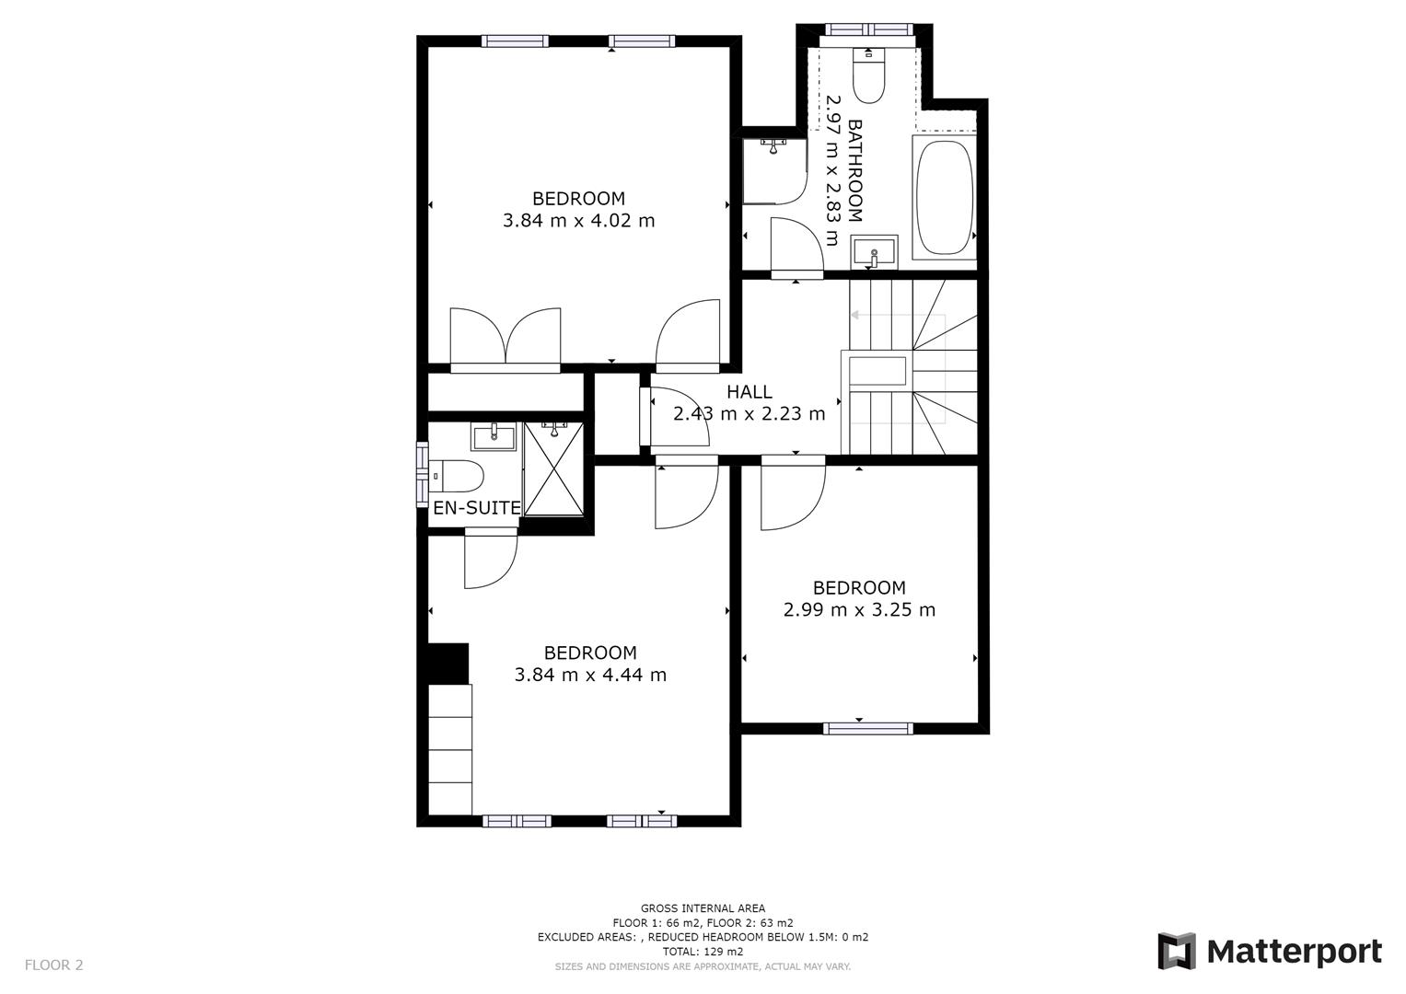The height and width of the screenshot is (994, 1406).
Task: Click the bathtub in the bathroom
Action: pyautogui.click(x=943, y=197)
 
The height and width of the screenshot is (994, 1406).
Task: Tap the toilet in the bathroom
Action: pyautogui.click(x=868, y=75)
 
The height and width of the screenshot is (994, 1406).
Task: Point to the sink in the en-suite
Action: pyautogui.click(x=494, y=435)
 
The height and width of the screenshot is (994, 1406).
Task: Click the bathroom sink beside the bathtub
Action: pyautogui.click(x=874, y=251)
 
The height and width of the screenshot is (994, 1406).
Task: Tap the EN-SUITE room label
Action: pyautogui.click(x=477, y=507)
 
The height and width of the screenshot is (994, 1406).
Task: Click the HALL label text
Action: pyautogui.click(x=749, y=392)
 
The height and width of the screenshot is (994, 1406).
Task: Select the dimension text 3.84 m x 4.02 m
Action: pyautogui.click(x=578, y=221)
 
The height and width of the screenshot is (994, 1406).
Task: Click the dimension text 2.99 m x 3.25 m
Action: pyautogui.click(x=859, y=610)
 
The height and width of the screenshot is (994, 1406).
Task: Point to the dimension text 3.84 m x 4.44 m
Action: pyautogui.click(x=590, y=675)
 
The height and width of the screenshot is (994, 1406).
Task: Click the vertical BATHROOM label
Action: pyautogui.click(x=854, y=171)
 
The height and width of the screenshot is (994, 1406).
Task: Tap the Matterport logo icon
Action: pyautogui.click(x=1176, y=951)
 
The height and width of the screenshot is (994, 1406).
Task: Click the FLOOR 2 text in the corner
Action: pyautogui.click(x=53, y=965)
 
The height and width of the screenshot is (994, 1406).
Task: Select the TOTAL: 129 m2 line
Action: pyautogui.click(x=703, y=952)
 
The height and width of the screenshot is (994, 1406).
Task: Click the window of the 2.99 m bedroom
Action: pyautogui.click(x=867, y=728)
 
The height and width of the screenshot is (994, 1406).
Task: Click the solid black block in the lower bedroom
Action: pyautogui.click(x=448, y=663)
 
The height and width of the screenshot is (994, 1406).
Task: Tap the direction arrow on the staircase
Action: pyautogui.click(x=854, y=315)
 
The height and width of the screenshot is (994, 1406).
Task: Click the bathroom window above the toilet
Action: pyautogui.click(x=867, y=29)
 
